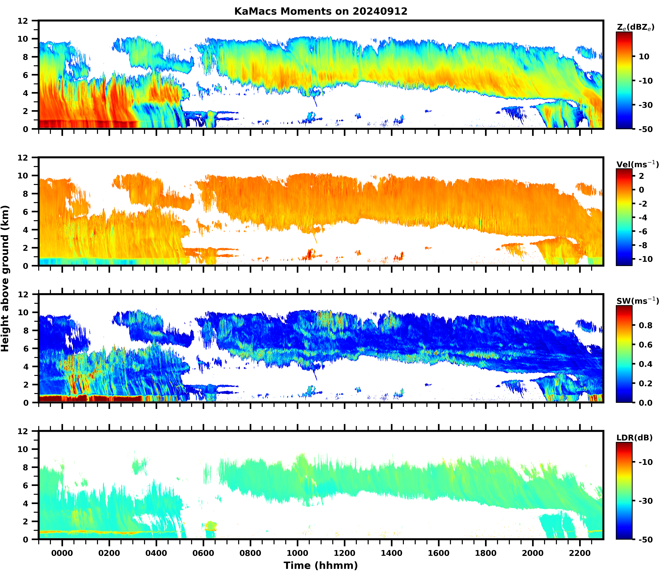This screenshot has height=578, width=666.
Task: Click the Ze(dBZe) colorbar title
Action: pyautogui.click(x=635, y=27)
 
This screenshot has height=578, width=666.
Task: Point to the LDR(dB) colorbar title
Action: pyautogui.click(x=634, y=438)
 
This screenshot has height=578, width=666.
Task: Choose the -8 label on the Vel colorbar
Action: pyautogui.click(x=646, y=245)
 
